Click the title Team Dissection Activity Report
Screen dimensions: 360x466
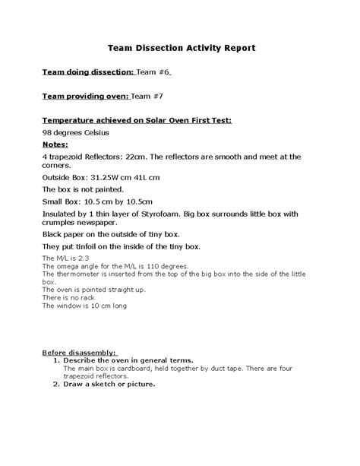point(180,48)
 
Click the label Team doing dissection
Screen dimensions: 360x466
point(87,72)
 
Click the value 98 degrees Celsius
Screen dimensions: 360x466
point(76,132)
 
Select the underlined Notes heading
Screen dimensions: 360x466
point(55,144)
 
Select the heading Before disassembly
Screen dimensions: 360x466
point(79,353)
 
